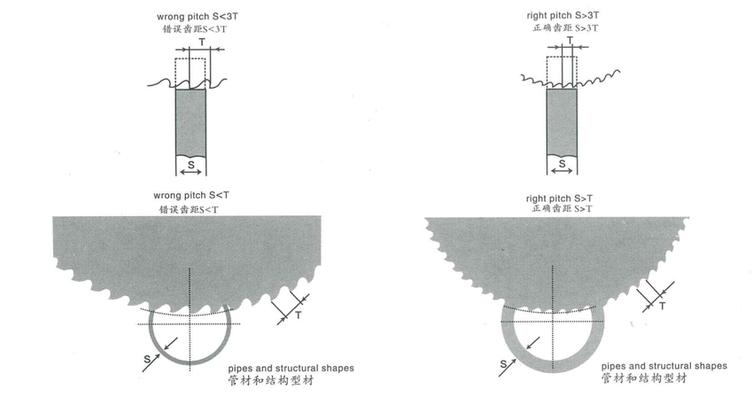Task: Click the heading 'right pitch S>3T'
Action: [x=562, y=15]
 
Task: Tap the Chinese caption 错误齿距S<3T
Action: [x=190, y=29]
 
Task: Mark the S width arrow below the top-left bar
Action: [x=190, y=166]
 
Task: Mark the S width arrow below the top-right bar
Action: [x=561, y=166]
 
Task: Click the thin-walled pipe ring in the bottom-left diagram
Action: [x=151, y=346]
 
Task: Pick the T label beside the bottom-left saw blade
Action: [x=300, y=315]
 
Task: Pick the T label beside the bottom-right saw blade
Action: [x=663, y=306]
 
